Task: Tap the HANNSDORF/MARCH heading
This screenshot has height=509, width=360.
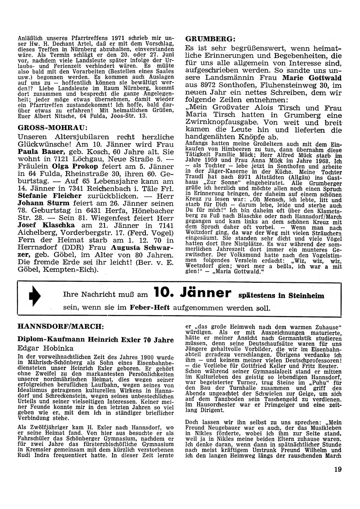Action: tap(61, 326)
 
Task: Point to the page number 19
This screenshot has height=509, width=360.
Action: tap(337, 469)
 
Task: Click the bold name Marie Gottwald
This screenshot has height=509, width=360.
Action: tap(312, 78)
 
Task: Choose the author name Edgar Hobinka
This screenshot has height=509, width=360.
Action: tap(45, 348)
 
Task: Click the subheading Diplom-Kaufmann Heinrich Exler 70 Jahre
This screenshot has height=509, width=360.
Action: tap(96, 340)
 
